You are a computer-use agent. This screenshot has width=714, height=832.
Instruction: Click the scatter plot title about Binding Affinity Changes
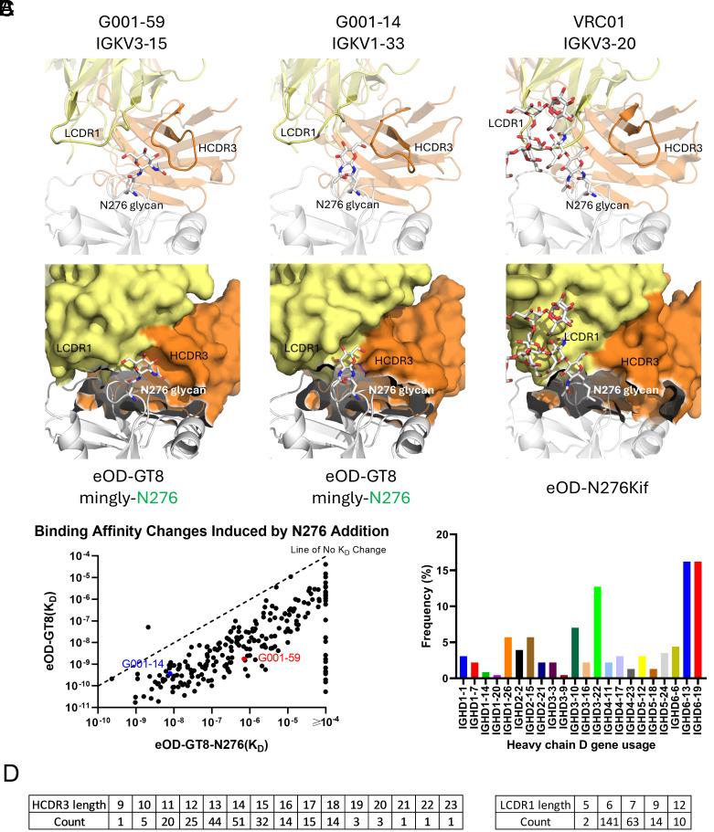pyautogui.click(x=211, y=531)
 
